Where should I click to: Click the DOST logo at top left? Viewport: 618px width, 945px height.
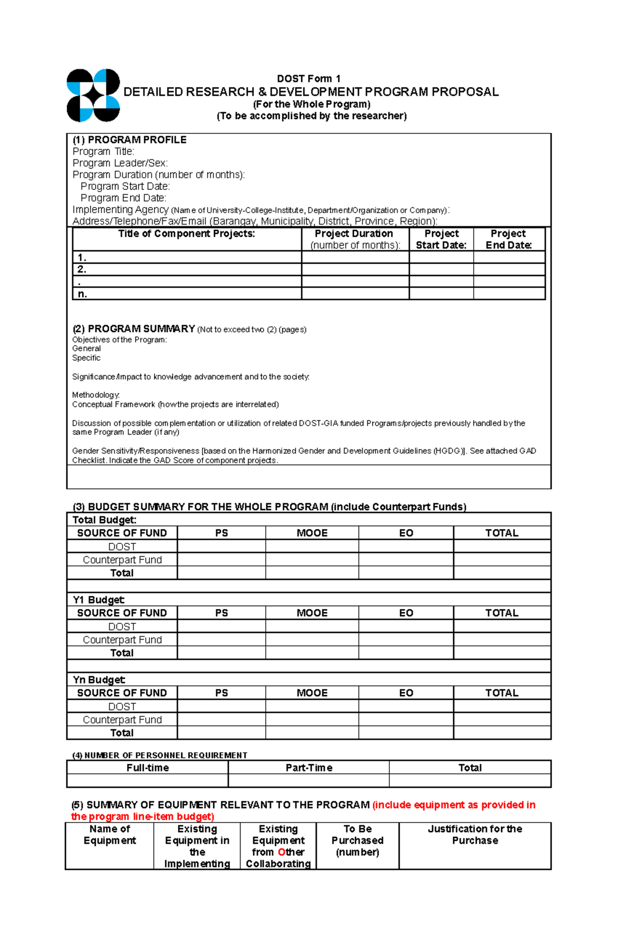point(93,95)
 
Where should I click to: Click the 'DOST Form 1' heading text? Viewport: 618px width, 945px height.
point(308,79)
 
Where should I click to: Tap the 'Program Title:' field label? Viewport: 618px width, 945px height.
point(103,151)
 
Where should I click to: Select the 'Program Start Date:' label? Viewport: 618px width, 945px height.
point(125,186)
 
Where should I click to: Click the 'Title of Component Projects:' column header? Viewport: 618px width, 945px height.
point(186,234)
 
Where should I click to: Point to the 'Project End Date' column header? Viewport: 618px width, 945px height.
point(508,239)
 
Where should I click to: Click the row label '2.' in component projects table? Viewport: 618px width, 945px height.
point(81,269)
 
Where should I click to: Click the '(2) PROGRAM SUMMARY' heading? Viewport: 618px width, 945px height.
point(134,329)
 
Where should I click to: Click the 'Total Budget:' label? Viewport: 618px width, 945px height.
point(105,520)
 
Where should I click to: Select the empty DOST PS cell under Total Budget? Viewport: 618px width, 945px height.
point(221,546)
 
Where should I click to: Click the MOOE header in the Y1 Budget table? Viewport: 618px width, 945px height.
point(312,613)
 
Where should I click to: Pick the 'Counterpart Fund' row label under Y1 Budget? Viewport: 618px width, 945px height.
point(122,640)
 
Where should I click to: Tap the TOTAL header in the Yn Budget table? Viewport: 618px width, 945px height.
point(502,693)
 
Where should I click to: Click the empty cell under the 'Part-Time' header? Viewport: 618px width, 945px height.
point(308,781)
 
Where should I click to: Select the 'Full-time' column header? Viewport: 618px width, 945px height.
point(147,768)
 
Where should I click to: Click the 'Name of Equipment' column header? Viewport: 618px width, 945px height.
point(110,835)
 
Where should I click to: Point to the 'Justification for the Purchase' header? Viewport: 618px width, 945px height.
point(475,835)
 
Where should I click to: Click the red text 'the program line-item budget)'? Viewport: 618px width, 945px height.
point(142,817)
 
